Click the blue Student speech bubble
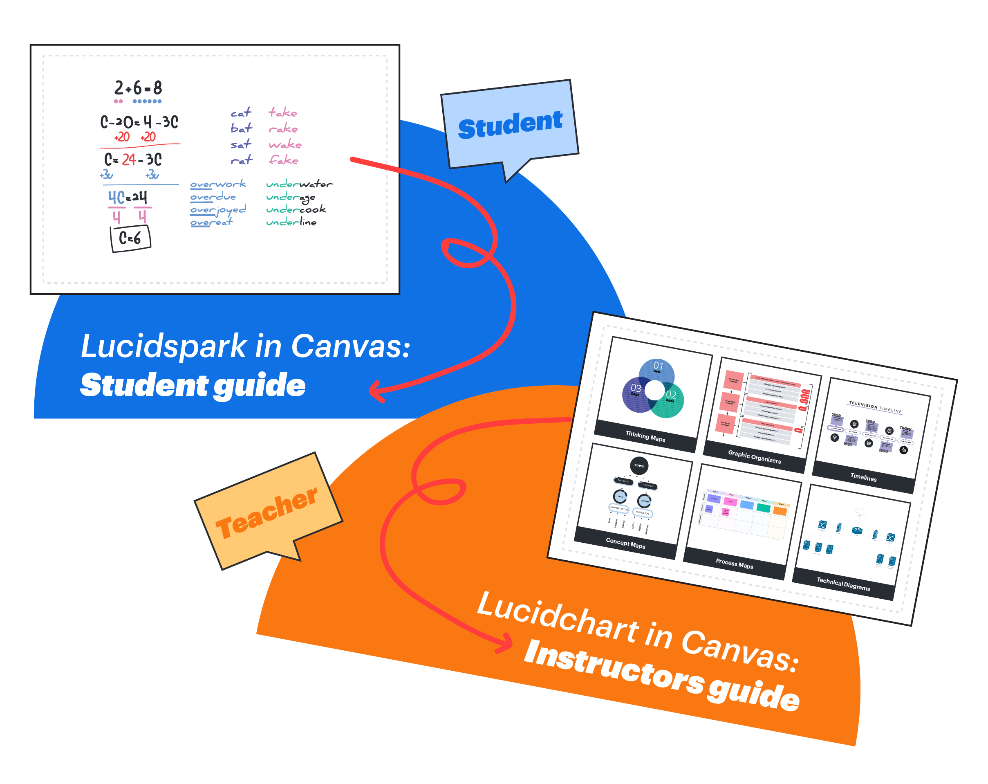tap(510, 125)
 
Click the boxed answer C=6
tap(130, 238)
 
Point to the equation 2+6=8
tap(138, 88)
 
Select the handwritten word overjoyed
tap(218, 209)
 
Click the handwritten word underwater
tap(299, 184)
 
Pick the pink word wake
tap(285, 144)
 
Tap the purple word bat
tap(241, 128)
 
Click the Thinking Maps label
tap(645, 436)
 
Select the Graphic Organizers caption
tap(754, 457)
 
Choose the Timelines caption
tap(863, 477)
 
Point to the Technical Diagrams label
tap(843, 584)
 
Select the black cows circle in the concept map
tap(639, 466)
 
